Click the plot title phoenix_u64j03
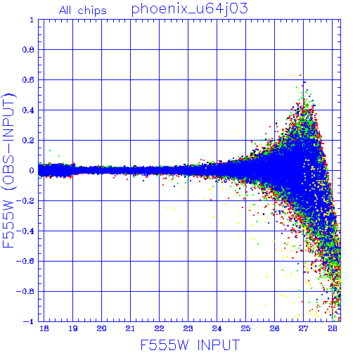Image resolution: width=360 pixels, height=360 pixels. click(x=189, y=9)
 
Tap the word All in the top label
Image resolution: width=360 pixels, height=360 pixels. click(x=65, y=11)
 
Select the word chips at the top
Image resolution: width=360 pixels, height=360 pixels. click(x=92, y=11)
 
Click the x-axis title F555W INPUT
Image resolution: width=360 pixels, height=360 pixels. click(x=190, y=345)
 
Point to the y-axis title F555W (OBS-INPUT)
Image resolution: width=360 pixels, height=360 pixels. click(x=8, y=170)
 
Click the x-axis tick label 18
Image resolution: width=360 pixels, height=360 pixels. click(x=44, y=328)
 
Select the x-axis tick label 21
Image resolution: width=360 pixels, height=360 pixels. click(x=130, y=328)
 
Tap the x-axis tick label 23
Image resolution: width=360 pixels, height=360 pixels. click(x=188, y=328)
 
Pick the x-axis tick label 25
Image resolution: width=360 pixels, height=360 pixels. click(x=245, y=328)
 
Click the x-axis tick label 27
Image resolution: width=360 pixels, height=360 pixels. click(x=303, y=328)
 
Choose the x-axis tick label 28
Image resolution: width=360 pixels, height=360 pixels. click(x=333, y=328)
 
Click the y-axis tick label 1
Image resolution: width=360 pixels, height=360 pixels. click(x=32, y=20)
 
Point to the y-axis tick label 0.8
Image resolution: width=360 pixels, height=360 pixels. click(x=28, y=50)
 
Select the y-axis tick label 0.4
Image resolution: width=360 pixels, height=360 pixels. click(x=28, y=110)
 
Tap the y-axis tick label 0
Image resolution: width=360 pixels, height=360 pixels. click(x=32, y=171)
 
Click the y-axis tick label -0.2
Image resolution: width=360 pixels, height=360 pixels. click(x=25, y=201)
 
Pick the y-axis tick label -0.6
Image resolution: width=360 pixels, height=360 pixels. click(x=25, y=262)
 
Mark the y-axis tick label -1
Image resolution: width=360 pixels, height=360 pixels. click(x=29, y=321)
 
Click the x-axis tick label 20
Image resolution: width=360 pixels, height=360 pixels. click(x=101, y=328)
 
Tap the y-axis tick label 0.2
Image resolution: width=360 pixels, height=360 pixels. click(x=28, y=141)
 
